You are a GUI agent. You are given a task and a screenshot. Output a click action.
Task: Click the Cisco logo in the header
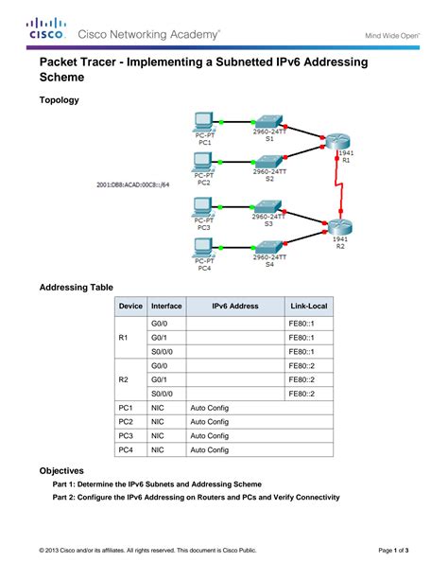(x=44, y=28)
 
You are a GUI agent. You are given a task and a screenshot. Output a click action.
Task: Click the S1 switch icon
(x=268, y=122)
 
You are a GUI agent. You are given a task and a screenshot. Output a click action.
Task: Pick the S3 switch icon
(x=268, y=206)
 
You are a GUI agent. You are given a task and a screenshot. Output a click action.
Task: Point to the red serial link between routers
(x=337, y=183)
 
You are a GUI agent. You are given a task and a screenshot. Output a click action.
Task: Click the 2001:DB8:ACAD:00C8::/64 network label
(x=132, y=185)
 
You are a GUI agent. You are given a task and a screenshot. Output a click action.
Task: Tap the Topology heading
(x=59, y=99)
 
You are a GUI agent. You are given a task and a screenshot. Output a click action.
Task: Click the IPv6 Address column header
(x=234, y=307)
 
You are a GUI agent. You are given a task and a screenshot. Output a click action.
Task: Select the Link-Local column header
(x=309, y=307)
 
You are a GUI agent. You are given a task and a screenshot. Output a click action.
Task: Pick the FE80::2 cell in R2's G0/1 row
(x=302, y=379)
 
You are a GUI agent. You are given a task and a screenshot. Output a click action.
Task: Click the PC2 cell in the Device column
(x=125, y=421)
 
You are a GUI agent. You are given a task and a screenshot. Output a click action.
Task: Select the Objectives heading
(x=61, y=470)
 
